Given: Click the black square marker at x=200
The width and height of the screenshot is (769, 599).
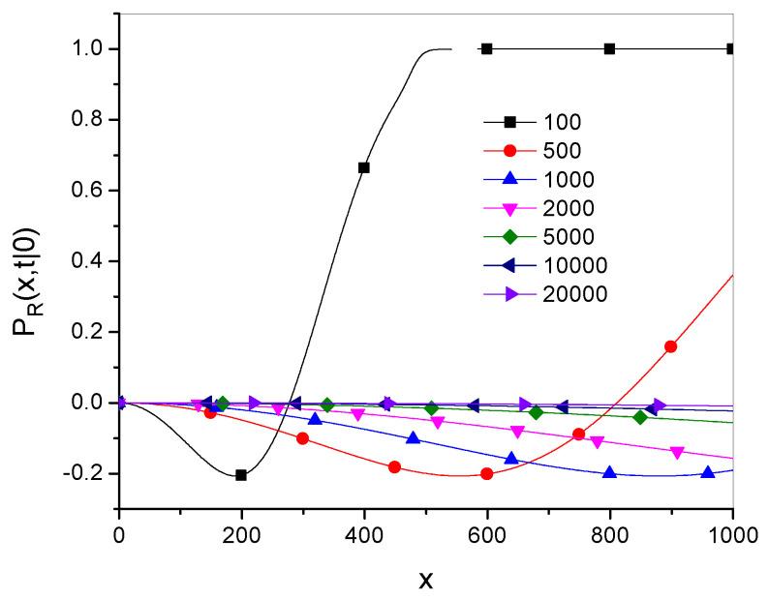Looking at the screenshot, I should (241, 474).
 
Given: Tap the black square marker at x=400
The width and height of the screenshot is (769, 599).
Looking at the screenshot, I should (364, 167).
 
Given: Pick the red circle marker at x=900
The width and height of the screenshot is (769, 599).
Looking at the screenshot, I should (671, 346).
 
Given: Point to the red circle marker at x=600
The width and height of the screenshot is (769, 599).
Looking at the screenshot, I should (487, 473).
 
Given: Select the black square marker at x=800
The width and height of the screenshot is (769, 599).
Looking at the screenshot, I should (610, 48).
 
